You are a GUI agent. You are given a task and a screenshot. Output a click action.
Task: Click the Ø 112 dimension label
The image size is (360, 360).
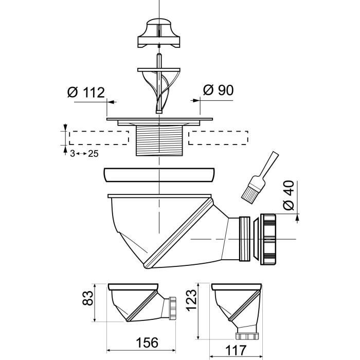click(x=86, y=93)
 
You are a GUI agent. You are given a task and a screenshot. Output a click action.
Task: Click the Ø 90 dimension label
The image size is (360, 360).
click(x=218, y=90)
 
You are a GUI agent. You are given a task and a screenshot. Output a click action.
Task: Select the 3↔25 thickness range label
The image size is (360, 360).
click(x=84, y=153)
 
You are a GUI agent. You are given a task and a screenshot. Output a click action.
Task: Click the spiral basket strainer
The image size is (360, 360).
click(x=158, y=85)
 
